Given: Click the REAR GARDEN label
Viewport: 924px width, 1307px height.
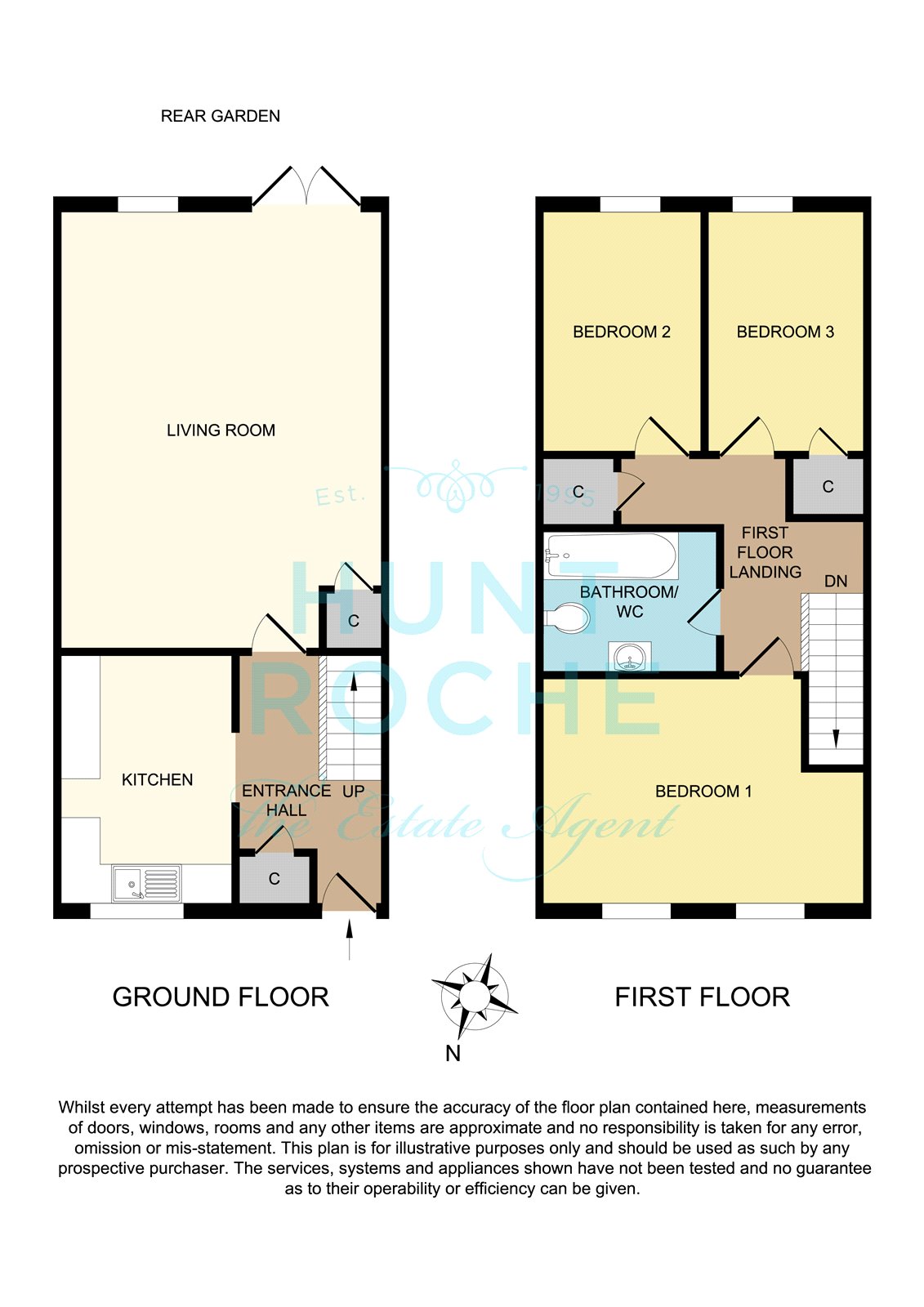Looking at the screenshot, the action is [220, 116].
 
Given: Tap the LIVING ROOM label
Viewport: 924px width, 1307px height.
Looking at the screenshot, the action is [221, 430].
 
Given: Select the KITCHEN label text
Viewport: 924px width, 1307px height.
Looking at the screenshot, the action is [157, 779].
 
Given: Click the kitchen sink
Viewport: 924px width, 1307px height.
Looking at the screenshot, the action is [146, 883].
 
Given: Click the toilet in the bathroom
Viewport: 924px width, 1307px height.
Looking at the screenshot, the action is [567, 618].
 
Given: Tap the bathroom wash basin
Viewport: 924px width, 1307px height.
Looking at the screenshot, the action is [629, 657].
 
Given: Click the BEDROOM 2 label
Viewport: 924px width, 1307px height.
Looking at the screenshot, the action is [622, 332].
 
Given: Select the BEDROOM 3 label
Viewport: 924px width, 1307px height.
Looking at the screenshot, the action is [785, 332].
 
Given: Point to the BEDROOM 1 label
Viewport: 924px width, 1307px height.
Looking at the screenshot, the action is [703, 792].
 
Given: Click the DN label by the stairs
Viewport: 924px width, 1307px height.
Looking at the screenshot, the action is [835, 581].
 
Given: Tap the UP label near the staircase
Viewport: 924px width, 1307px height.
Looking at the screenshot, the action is [353, 792].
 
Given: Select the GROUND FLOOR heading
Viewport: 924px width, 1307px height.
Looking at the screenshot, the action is [221, 997].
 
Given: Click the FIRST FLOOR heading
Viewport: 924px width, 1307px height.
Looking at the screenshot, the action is [703, 997].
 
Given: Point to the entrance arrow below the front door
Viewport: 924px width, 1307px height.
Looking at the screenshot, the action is [350, 940].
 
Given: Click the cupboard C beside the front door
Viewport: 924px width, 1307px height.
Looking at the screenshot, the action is [275, 879].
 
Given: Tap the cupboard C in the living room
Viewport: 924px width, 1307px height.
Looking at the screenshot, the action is [353, 621].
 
